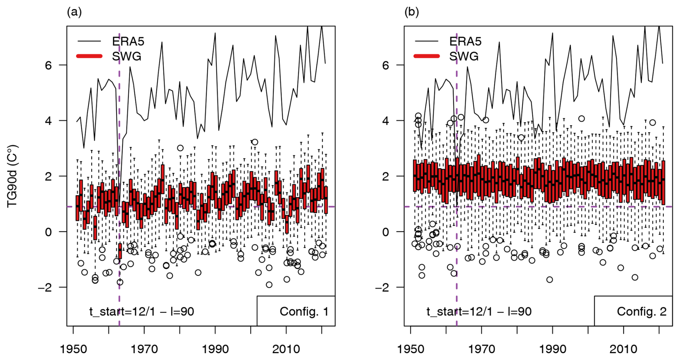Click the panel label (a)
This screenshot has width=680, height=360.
point(74,12)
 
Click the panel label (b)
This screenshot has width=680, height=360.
point(412,12)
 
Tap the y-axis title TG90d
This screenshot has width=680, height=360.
point(13,176)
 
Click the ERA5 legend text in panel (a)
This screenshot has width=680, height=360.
point(128,41)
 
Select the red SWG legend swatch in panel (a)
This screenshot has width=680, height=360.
point(89,56)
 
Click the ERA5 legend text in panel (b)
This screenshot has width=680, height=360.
point(465,41)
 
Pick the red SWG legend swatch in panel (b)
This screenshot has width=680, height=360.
point(427,56)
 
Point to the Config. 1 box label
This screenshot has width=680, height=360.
point(304,311)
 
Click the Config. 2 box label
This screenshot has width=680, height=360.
point(642,311)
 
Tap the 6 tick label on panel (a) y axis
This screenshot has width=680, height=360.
point(48,65)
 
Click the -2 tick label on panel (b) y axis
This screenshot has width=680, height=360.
point(382,287)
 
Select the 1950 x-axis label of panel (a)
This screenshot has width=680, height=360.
point(73,349)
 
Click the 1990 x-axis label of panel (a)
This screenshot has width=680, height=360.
point(215,349)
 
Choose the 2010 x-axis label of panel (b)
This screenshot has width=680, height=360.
point(623,349)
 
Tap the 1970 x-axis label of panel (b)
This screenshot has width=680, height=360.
point(481,349)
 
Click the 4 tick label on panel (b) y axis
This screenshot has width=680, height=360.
point(386,121)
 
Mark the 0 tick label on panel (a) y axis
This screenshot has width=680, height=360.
point(48,232)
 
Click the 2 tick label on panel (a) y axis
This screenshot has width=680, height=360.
point(48,176)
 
